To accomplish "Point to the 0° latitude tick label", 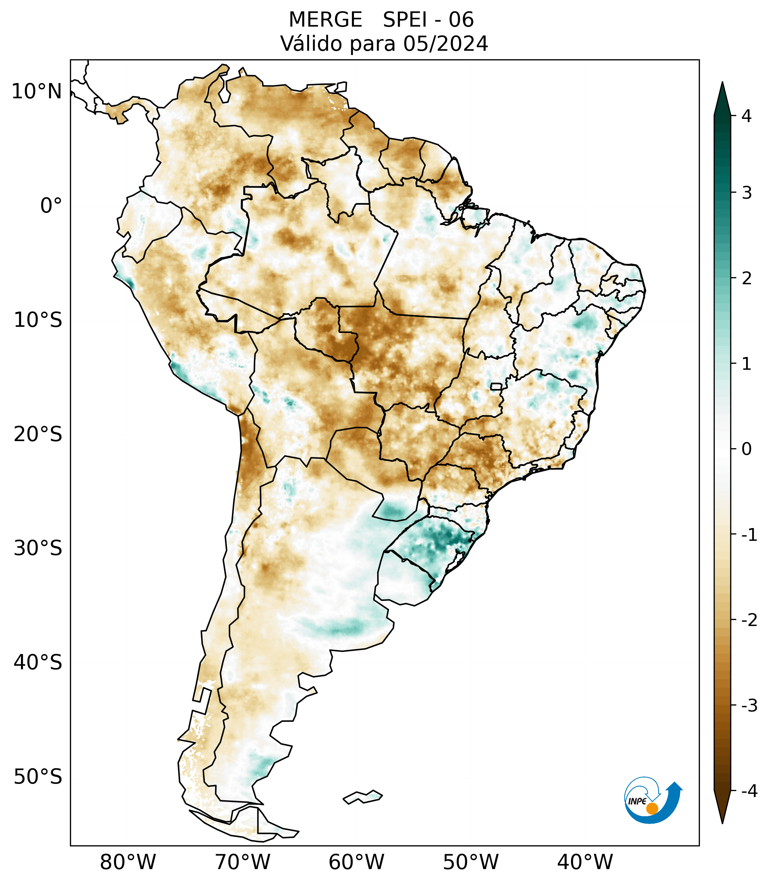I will (51, 206).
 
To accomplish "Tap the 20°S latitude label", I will (38, 434).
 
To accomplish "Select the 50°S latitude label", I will (38, 777).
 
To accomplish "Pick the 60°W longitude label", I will (356, 862).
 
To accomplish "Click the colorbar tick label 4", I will (746, 116).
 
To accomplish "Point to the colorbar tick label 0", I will (746, 449).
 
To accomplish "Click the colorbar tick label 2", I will (746, 279).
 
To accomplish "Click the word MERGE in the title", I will (325, 20).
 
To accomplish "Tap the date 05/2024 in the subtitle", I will (446, 44).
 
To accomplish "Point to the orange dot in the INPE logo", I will (652, 808).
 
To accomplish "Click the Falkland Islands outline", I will (363, 797).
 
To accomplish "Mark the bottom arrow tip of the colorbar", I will (722, 823).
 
